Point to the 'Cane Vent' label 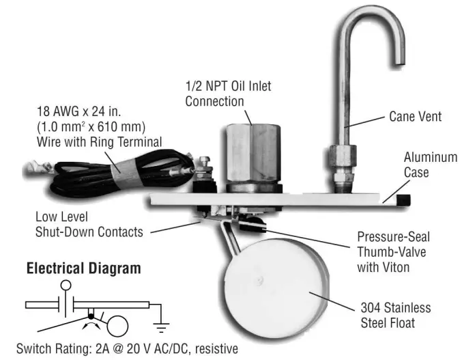coord(415,117)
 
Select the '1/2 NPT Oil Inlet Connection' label coord(227,95)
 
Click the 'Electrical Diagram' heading coord(83,268)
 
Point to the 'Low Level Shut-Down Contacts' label coord(89,224)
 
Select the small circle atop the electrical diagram coord(66,285)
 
